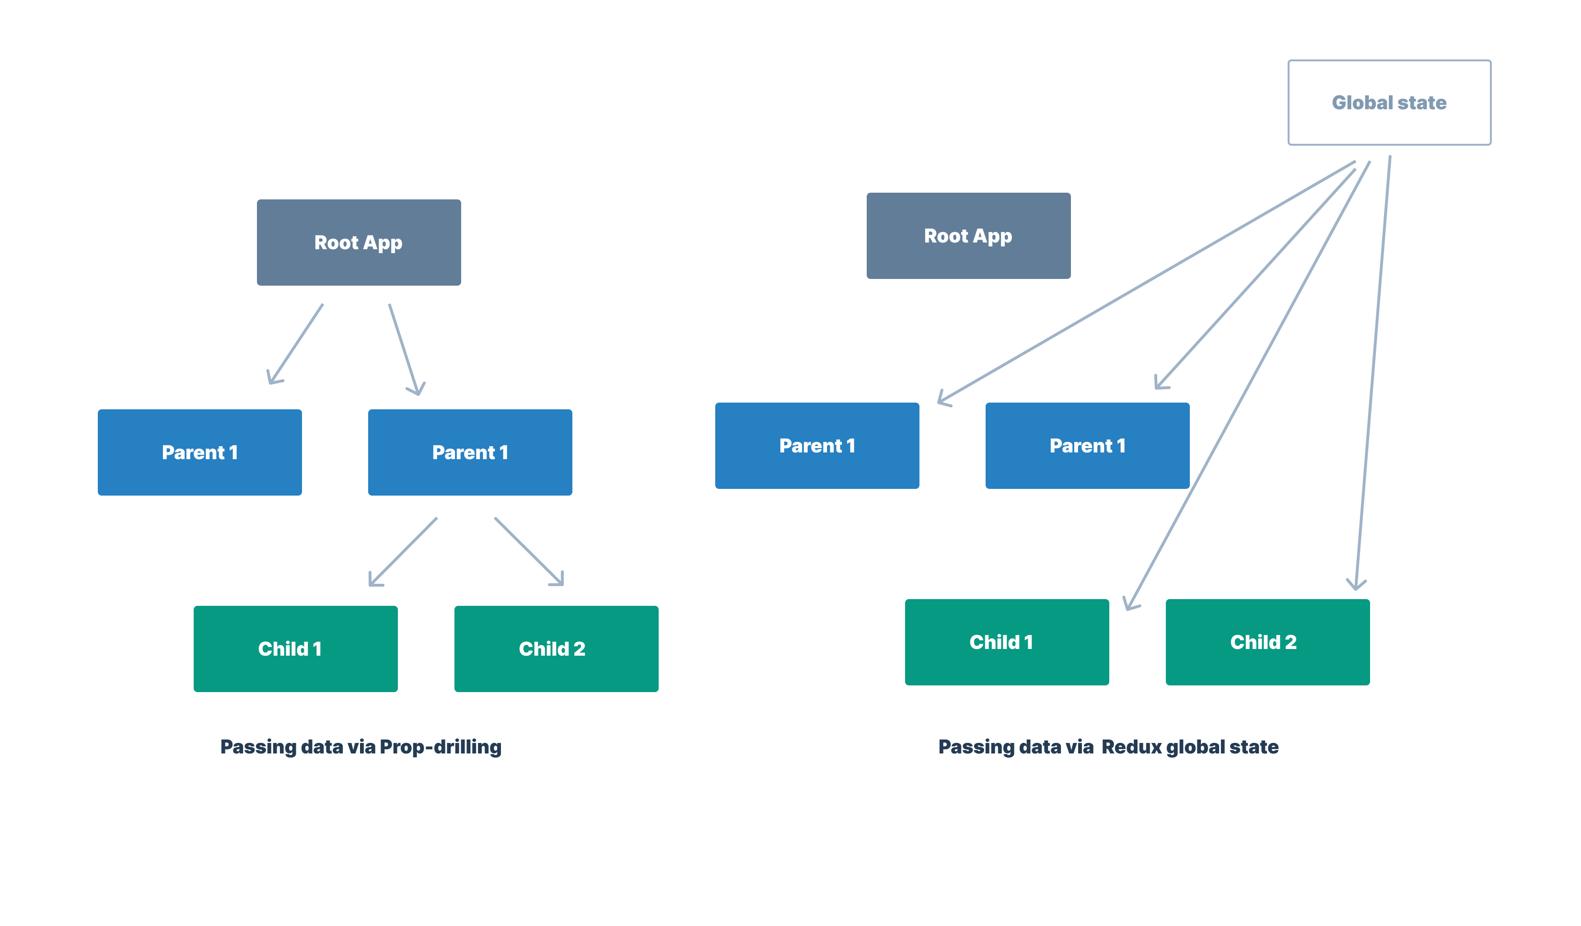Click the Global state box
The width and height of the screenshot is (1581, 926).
pos(1389,102)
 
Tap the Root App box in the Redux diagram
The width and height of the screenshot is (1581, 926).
pos(968,235)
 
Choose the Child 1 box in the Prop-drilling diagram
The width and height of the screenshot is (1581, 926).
pos(295,648)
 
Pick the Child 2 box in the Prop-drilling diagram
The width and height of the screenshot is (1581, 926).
pos(556,648)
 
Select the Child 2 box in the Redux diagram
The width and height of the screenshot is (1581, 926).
pos(1267,642)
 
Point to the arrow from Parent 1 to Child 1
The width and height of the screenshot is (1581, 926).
pos(403,552)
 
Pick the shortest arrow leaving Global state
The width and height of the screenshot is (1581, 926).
pos(1255,279)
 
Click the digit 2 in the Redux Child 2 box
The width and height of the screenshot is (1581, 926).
pos(1290,642)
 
